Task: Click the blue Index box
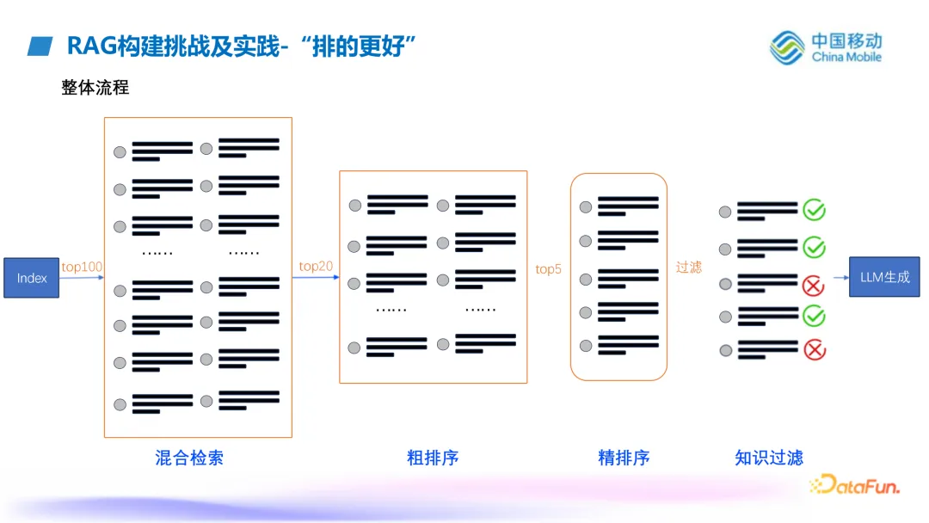coord(32,278)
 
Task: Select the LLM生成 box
coord(884,277)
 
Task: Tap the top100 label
coord(82,267)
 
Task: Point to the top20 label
coord(316,266)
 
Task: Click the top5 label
coord(548,269)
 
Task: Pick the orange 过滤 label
coord(688,268)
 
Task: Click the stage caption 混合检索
coord(189,458)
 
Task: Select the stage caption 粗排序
coord(433,458)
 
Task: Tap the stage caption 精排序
coord(624,458)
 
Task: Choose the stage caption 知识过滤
coord(769,458)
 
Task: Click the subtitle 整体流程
coord(95,88)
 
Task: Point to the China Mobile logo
coord(826,47)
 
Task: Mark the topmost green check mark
coord(814,210)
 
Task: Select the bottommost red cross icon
coord(814,350)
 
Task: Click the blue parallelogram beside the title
coord(40,46)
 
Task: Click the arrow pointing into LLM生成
coord(840,277)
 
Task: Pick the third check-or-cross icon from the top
coord(814,283)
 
